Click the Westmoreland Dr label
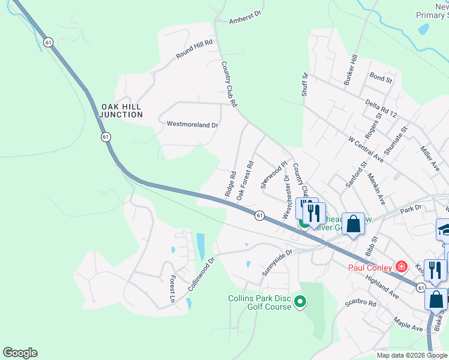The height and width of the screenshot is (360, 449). click(192, 125)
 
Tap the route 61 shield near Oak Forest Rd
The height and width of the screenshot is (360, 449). click(259, 215)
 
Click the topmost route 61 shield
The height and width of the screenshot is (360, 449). click(48, 42)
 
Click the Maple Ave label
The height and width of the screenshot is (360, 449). click(408, 326)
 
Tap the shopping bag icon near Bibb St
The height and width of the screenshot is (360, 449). click(354, 224)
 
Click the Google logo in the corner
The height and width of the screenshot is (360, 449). click(20, 353)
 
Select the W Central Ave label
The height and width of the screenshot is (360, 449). click(366, 148)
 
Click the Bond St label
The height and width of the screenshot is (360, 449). click(381, 78)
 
